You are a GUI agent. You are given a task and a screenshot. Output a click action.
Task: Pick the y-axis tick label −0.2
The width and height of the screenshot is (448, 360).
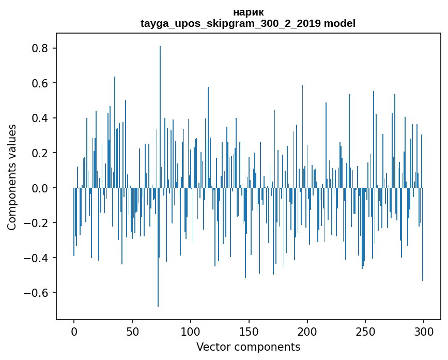pyautogui.click(x=37, y=223)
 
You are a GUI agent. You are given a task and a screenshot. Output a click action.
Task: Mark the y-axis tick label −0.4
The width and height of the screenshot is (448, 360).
pyautogui.click(x=37, y=258)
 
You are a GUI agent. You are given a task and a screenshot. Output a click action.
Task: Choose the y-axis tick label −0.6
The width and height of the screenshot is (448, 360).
pyautogui.click(x=37, y=293)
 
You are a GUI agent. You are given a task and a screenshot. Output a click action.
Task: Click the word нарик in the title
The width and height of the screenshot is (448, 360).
pyautogui.click(x=248, y=12)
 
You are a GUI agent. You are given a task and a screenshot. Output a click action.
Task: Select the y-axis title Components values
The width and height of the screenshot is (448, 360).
pyautogui.click(x=12, y=177)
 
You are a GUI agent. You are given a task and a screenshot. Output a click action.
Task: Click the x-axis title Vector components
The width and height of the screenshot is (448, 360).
pyautogui.click(x=248, y=347)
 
